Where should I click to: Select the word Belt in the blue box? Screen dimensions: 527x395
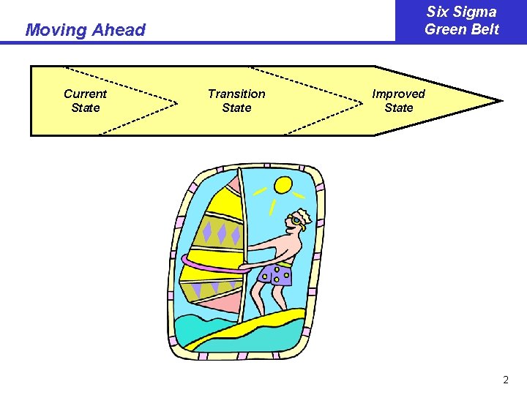pos(484,29)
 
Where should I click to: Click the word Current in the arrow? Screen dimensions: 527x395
pos(85,94)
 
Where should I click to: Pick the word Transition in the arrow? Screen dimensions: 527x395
pos(236,94)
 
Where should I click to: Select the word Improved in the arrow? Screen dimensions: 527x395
pos(398,94)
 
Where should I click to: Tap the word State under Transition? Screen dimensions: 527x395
pos(236,108)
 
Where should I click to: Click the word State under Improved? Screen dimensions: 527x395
pos(398,108)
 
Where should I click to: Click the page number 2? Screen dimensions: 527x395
pos(505,380)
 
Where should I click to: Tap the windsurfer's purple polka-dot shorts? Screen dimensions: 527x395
pos(277,274)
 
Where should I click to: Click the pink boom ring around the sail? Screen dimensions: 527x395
pos(212,266)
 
